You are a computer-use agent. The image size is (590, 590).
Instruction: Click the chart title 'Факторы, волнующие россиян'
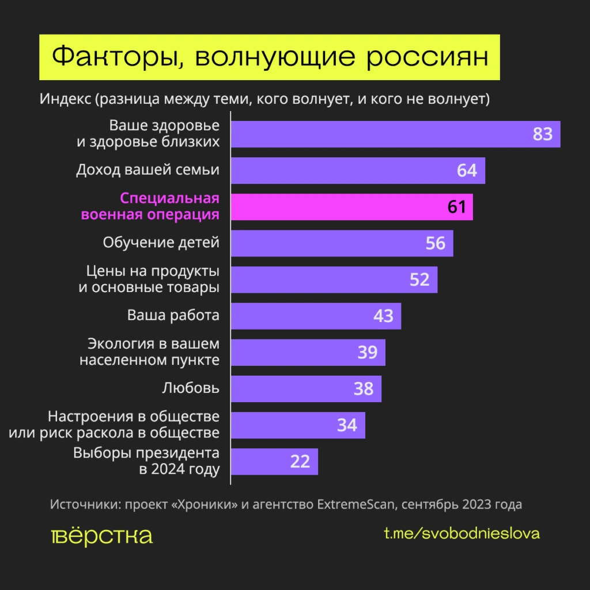pos(269,57)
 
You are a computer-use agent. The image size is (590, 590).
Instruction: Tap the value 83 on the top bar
pos(542,134)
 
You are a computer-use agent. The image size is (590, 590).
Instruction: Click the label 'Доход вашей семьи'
pos(148,170)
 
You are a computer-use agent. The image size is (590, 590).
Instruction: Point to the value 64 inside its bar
pos(467,171)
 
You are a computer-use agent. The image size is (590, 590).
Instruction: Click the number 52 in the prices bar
pos(419,279)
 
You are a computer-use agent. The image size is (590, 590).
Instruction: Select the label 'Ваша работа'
pos(173,316)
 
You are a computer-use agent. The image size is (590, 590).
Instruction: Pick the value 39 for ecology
pos(367,352)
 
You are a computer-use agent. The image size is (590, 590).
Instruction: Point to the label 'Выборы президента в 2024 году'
pos(146,461)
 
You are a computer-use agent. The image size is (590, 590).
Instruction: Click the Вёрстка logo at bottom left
pos(101,535)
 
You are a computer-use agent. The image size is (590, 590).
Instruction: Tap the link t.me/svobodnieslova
pos(462,534)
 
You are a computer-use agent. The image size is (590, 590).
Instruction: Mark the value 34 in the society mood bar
pos(347,425)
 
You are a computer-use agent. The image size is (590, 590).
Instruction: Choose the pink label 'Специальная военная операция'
pos(150,207)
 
